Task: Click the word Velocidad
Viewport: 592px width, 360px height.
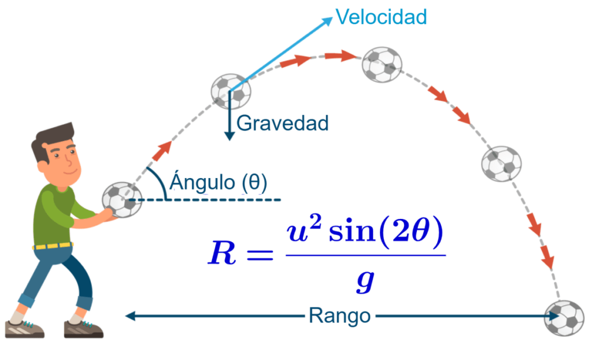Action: pos(382,17)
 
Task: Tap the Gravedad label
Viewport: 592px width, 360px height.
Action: pos(283,123)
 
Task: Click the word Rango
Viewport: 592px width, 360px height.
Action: pos(339,316)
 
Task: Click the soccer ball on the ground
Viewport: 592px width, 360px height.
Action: pos(564,318)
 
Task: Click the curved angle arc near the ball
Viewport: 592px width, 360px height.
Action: pos(158,182)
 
